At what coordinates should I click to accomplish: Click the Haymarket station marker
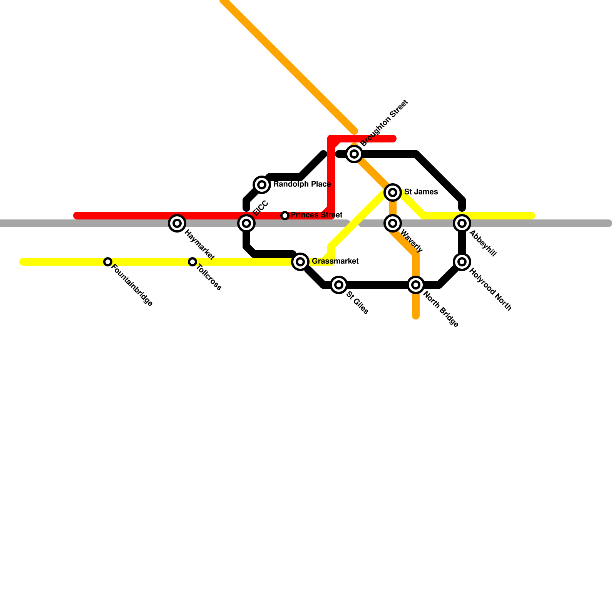point(177,223)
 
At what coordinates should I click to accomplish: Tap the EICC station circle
point(246,223)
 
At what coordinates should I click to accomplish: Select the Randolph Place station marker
point(262,184)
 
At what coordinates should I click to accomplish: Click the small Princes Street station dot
point(285,216)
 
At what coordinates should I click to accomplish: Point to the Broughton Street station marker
point(354,154)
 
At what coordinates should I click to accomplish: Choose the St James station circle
point(393,192)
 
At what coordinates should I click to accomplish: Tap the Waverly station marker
point(393,223)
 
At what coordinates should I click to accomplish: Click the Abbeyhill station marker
point(462,223)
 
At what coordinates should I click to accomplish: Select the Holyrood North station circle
point(462,261)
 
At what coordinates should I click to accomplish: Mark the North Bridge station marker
point(416,285)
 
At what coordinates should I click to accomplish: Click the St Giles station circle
point(339,285)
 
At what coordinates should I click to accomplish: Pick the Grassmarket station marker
point(300,262)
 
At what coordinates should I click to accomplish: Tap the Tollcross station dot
point(192,262)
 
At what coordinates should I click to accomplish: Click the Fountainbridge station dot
point(108,262)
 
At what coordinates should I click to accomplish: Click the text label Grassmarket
point(335,261)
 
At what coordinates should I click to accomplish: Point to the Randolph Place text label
point(302,184)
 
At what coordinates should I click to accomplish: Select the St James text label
point(421,192)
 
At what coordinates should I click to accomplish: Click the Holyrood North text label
point(490,290)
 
